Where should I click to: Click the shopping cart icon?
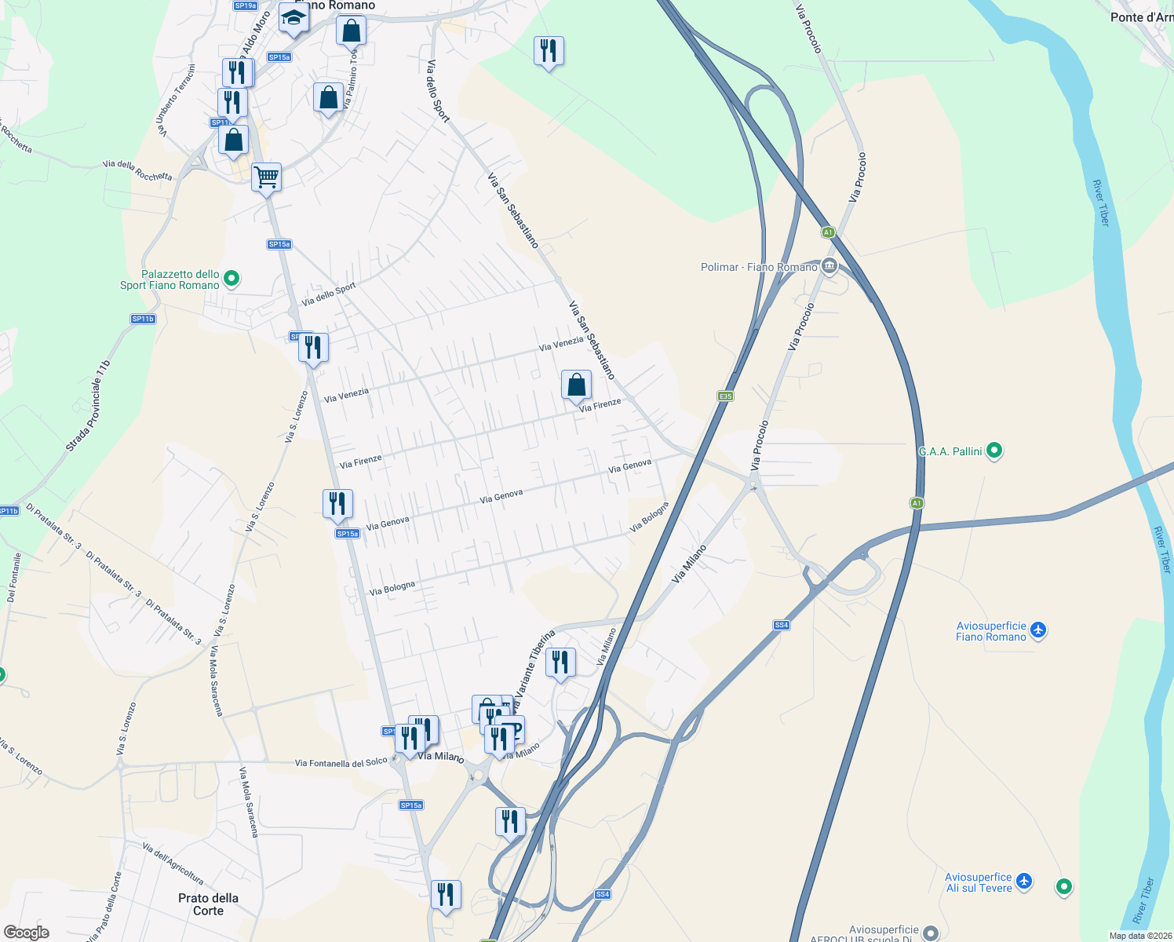click(266, 177)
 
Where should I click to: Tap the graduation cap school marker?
click(293, 19)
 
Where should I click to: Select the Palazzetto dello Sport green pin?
click(232, 278)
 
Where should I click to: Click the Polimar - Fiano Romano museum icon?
click(829, 267)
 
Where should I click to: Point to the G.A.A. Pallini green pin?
click(994, 451)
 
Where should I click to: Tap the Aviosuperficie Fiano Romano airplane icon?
click(1038, 630)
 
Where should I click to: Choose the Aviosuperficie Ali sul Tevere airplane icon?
click(1024, 881)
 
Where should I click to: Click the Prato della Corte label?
click(208, 904)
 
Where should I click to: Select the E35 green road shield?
click(725, 396)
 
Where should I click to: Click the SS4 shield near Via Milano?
click(781, 625)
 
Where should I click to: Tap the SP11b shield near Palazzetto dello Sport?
click(143, 319)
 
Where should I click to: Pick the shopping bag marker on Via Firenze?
click(576, 385)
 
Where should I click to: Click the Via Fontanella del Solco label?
click(341, 762)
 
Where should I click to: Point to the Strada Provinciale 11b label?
click(89, 406)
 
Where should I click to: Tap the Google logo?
click(26, 932)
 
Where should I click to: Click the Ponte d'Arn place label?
click(1142, 17)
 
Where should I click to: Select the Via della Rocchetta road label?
click(137, 170)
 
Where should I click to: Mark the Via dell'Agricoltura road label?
click(173, 863)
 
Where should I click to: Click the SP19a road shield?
click(246, 5)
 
